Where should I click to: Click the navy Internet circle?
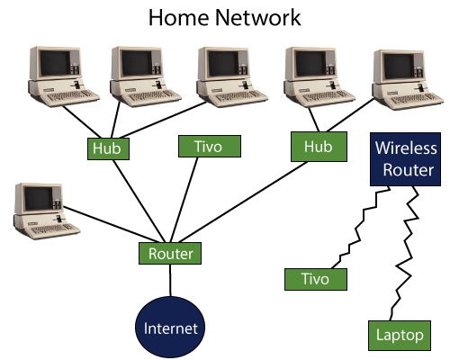click(170, 328)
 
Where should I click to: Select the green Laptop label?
click(400, 336)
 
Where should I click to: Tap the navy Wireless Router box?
click(405, 159)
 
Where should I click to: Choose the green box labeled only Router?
click(170, 254)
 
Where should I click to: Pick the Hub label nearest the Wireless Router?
click(318, 147)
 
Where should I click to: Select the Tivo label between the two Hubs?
click(210, 146)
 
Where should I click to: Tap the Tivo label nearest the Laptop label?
click(315, 279)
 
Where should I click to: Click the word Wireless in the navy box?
click(406, 148)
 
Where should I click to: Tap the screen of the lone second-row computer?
click(37, 198)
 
